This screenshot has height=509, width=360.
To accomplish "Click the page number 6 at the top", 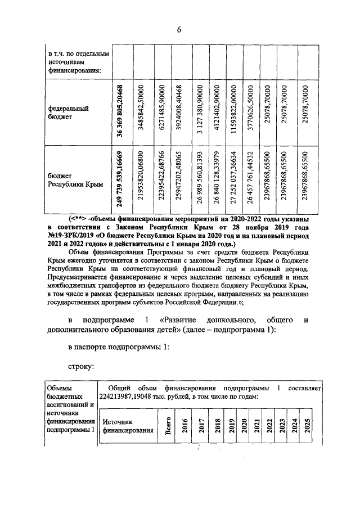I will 179,30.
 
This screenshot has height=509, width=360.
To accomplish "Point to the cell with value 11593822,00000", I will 233,111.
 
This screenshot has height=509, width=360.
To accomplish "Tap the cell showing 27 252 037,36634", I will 233,179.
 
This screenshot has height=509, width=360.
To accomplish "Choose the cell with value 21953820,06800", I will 143,179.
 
